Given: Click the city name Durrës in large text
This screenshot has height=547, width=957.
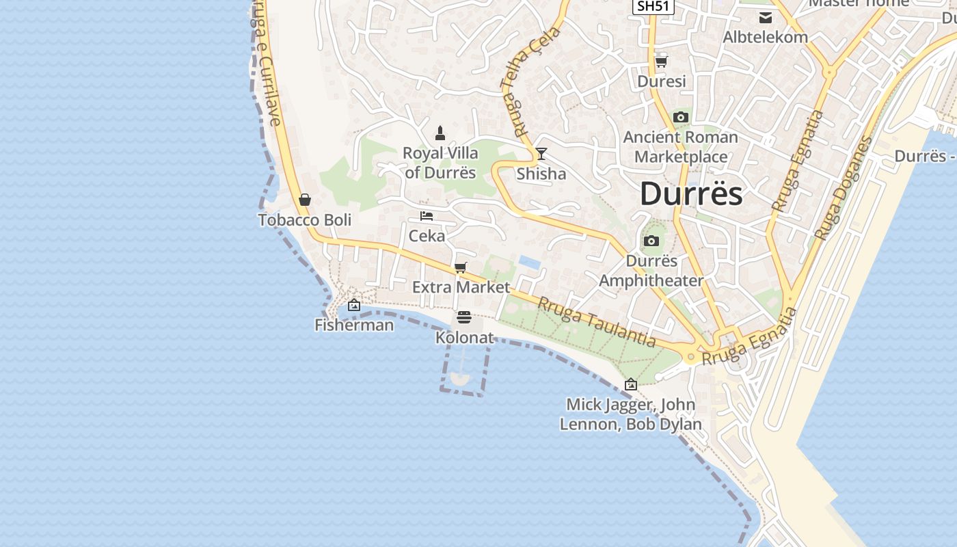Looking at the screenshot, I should [691, 194].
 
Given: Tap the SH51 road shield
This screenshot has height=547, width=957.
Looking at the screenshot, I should [653, 6].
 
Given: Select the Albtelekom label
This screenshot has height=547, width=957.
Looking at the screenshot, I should [766, 37].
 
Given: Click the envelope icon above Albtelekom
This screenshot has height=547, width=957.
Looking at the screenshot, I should [766, 17].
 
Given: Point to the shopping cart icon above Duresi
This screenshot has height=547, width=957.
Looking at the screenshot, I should [661, 62].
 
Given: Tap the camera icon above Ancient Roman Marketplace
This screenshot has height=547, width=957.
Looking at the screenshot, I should [680, 118].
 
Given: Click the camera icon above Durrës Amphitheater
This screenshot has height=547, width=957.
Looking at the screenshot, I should [651, 241].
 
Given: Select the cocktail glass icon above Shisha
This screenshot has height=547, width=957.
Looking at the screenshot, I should [541, 154].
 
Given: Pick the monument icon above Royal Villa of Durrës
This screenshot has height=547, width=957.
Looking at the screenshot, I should [440, 133].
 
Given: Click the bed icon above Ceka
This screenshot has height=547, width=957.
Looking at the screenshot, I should [427, 216].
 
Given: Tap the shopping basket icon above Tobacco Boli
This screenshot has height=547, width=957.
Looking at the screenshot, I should [305, 200].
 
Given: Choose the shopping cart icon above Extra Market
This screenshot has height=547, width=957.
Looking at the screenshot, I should [461, 267].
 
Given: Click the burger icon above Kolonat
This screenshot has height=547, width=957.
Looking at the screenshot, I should [464, 318].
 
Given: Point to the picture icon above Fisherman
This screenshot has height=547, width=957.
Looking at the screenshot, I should [354, 305].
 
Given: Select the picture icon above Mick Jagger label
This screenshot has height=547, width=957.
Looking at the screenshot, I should [631, 384].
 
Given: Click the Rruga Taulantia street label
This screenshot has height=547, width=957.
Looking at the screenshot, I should [597, 322].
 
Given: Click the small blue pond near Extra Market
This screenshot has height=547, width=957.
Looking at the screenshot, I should [528, 261].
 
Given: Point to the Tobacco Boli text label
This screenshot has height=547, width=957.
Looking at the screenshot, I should [305, 220].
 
